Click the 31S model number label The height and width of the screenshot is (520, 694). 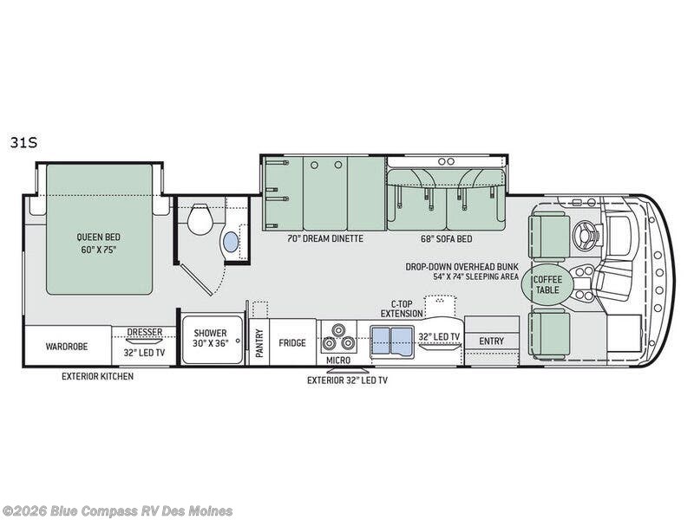(24, 143)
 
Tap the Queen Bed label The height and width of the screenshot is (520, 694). (98, 237)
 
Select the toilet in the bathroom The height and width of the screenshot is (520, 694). (198, 219)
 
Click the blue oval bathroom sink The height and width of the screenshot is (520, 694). (231, 242)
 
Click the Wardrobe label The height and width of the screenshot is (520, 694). (67, 346)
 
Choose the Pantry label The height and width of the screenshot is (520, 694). (259, 342)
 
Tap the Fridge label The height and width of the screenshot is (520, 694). (292, 342)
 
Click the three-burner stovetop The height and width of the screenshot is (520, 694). (338, 337)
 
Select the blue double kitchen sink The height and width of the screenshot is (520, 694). (391, 341)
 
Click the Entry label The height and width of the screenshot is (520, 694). (491, 341)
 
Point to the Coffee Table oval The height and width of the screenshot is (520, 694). (547, 285)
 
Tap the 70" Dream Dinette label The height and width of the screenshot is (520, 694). (325, 239)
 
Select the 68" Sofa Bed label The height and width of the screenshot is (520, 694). (447, 239)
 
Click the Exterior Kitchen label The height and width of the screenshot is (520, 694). (97, 376)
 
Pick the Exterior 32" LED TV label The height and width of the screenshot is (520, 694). (348, 380)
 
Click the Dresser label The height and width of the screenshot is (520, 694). (145, 332)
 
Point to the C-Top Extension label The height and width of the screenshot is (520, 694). (402, 309)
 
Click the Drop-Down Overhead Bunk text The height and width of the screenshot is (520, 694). (462, 267)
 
